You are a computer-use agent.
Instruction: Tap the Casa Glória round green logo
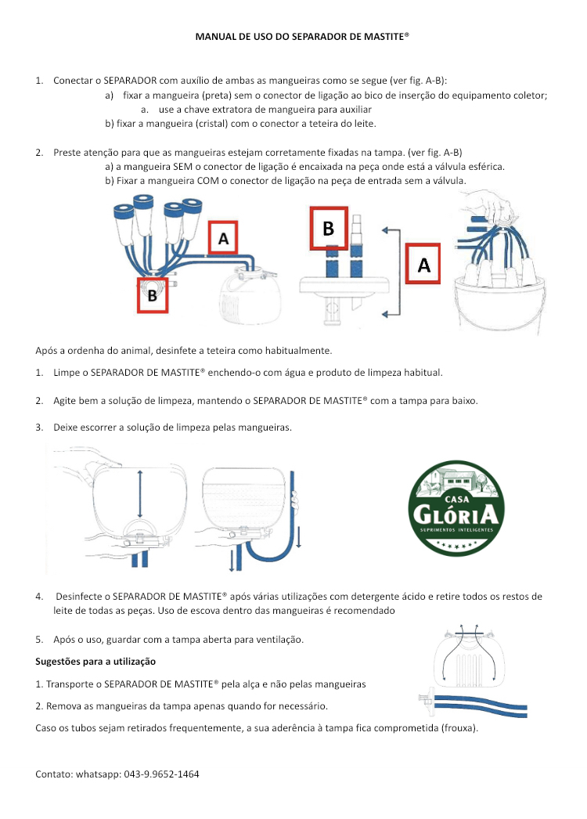pyautogui.click(x=456, y=508)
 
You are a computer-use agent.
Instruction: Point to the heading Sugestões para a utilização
pyautogui.click(x=95, y=662)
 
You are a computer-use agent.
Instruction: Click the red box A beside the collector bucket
pyautogui.click(x=224, y=238)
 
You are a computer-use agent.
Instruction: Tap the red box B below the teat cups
pyautogui.click(x=153, y=295)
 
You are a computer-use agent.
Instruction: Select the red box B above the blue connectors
pyautogui.click(x=328, y=227)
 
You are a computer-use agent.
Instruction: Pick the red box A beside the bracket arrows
pyautogui.click(x=423, y=265)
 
